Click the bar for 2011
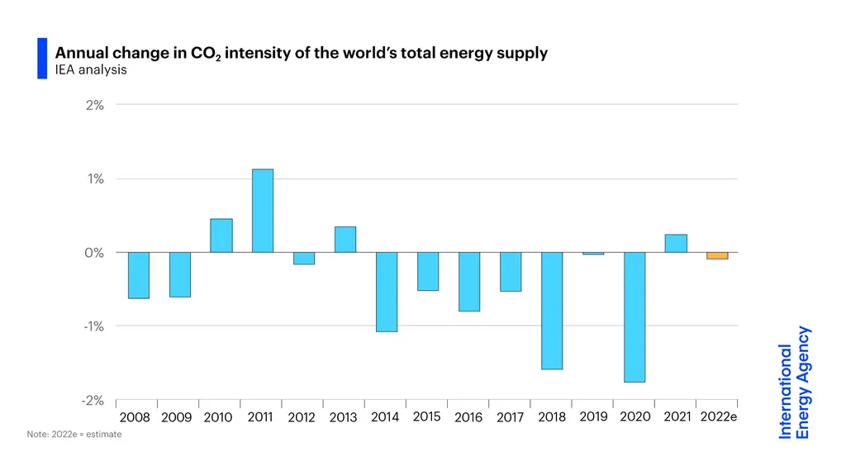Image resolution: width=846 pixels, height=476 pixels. tap(262, 211)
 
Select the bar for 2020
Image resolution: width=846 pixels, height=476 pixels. tap(634, 317)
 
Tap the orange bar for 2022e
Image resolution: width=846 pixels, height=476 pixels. tap(717, 255)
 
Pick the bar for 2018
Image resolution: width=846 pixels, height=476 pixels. tap(552, 311)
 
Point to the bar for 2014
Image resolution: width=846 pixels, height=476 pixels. tap(386, 292)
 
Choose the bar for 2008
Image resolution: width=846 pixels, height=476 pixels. tap(138, 275)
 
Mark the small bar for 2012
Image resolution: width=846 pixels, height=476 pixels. tap(303, 258)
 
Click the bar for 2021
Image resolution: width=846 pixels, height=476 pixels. tap(676, 243)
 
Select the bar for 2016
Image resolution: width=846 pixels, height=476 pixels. tap(468, 282)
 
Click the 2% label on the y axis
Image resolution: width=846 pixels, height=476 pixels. tap(94, 105)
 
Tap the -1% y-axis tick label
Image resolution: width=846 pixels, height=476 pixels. tap(93, 326)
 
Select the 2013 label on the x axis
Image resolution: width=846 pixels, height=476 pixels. tap(343, 417)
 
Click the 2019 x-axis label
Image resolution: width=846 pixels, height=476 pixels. tap(593, 416)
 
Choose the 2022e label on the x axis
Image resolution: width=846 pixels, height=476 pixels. tap(718, 416)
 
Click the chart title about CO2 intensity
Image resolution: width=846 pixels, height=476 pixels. tap(301, 54)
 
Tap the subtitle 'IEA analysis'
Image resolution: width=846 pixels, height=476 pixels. tap(91, 70)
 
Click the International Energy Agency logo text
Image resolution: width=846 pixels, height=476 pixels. tap(794, 383)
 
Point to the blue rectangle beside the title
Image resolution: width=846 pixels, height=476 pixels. tap(42, 59)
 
